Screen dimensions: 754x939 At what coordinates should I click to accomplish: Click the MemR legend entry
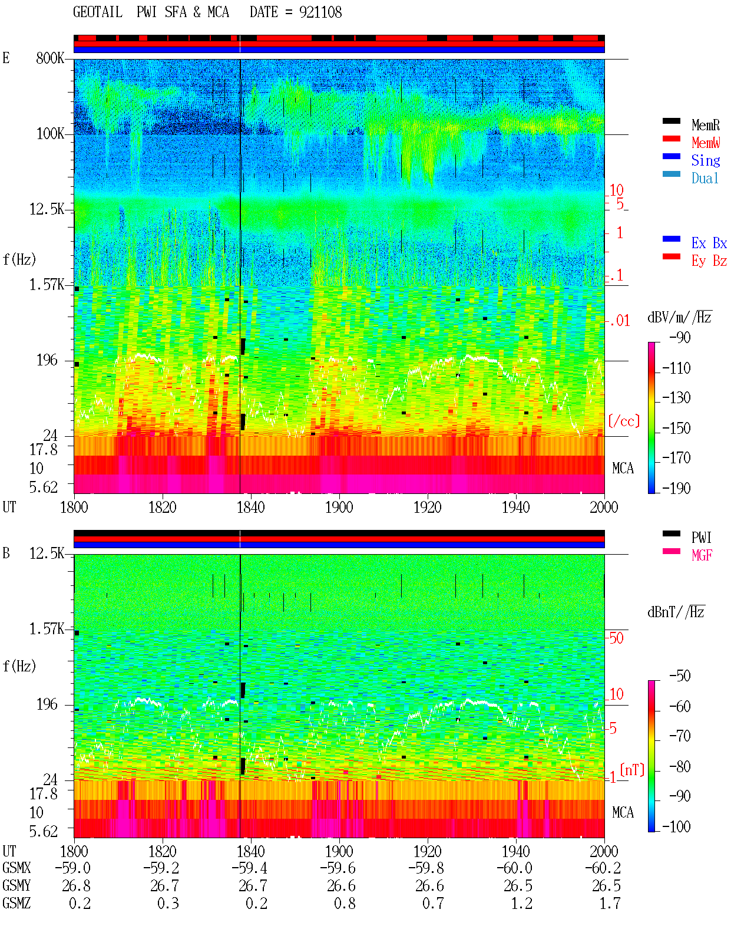(705, 125)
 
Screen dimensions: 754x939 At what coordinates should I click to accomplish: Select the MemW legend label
(705, 143)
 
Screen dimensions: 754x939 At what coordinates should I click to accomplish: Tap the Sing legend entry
(705, 160)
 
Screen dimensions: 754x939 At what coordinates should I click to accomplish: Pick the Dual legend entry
(705, 178)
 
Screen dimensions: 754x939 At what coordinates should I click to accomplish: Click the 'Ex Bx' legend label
(709, 243)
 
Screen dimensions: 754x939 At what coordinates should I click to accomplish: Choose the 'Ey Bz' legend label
(709, 261)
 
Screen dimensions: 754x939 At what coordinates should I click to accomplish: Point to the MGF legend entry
(702, 555)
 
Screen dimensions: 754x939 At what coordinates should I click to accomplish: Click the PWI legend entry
(701, 538)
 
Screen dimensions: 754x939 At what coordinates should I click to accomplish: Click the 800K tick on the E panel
(50, 58)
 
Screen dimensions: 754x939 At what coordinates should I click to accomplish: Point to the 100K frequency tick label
(50, 134)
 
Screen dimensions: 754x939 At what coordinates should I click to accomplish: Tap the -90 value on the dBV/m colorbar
(680, 337)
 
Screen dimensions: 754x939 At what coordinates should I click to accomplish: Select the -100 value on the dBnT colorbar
(676, 826)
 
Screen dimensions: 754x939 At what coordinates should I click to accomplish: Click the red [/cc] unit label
(624, 421)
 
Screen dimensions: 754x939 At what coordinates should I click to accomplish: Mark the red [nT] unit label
(632, 770)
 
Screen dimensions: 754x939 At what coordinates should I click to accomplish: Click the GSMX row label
(16, 868)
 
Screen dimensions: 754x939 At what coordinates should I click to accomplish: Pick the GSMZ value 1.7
(610, 903)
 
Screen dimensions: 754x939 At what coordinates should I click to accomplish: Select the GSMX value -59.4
(249, 868)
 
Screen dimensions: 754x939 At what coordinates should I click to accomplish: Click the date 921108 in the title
(320, 12)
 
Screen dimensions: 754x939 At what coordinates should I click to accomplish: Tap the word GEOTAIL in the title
(98, 12)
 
